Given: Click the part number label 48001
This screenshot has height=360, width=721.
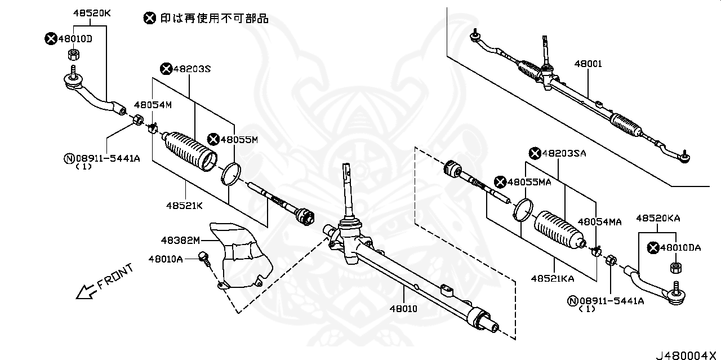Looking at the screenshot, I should tap(588, 64).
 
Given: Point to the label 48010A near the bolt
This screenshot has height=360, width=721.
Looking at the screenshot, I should tap(166, 259).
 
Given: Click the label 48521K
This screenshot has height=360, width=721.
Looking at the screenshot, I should tap(185, 206).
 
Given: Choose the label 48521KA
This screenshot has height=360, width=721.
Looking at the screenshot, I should tap(552, 278).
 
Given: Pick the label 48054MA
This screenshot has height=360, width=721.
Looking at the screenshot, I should tap(599, 222).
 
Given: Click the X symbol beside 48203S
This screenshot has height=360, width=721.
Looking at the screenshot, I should tap(166, 69).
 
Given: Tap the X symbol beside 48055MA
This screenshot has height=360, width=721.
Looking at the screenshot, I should tap(499, 181).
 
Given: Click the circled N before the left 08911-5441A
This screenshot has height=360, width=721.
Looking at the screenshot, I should tap(69, 159).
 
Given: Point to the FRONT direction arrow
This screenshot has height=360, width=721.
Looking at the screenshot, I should tap(86, 291).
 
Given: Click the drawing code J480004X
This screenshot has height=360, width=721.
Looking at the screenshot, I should tap(687, 355).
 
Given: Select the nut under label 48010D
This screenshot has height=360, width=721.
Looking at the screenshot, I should tap(72, 55).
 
